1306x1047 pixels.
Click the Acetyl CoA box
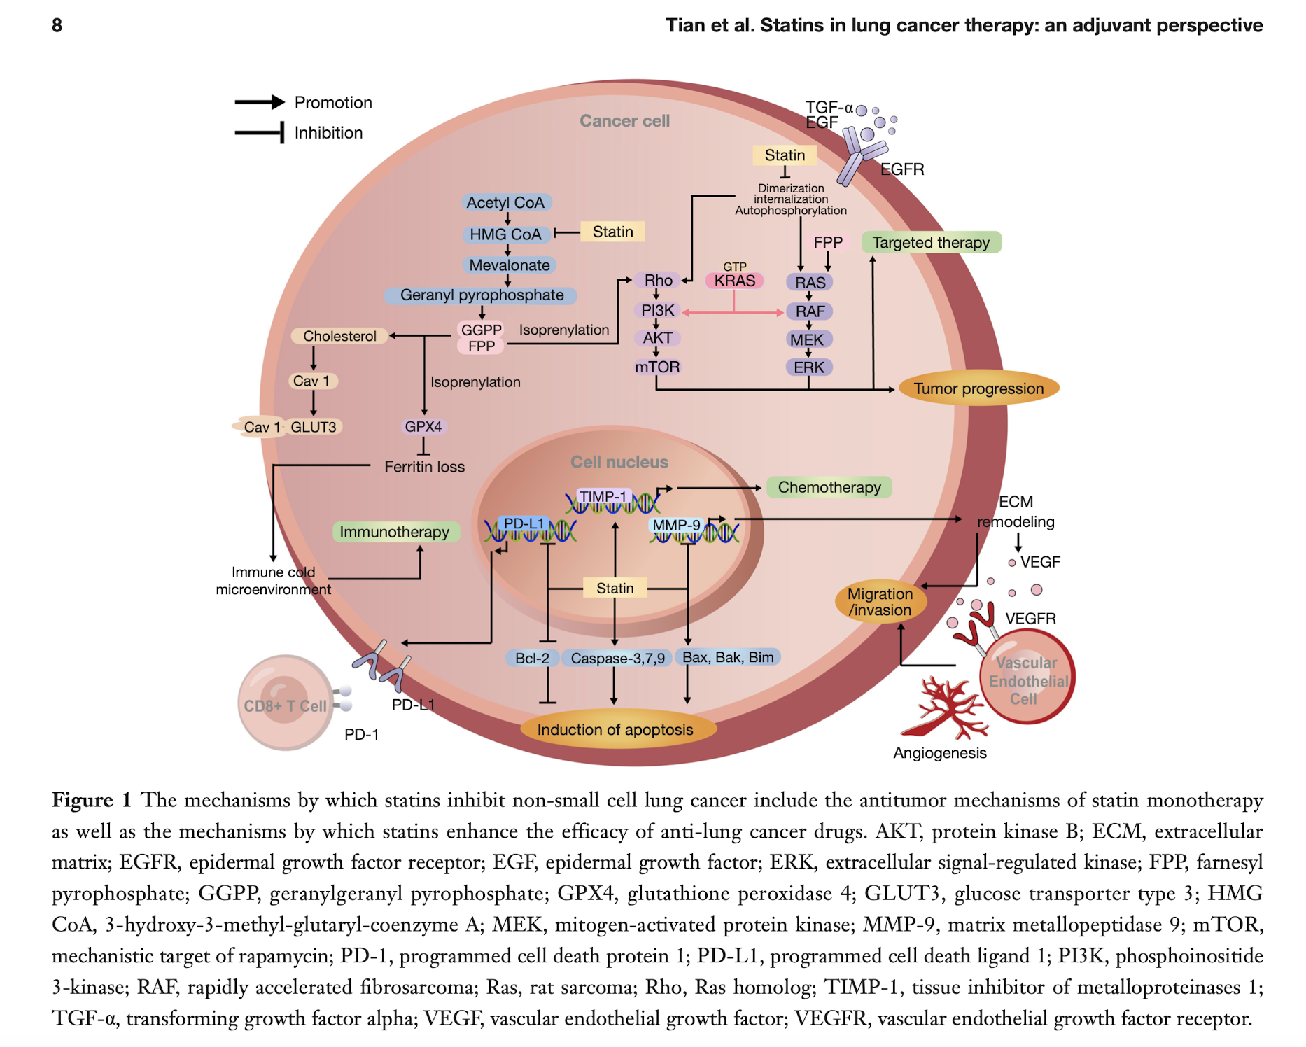point(505,202)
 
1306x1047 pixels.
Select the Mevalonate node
point(509,265)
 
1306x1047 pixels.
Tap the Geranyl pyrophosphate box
point(481,295)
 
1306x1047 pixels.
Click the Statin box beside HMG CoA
point(612,232)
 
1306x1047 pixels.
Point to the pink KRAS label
point(734,281)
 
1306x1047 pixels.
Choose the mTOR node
point(657,367)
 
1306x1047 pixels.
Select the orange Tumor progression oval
point(978,388)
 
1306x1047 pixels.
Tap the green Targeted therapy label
point(931,242)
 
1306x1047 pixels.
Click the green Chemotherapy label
point(829,487)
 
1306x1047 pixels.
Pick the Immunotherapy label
point(395,532)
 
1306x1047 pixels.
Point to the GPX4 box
point(423,426)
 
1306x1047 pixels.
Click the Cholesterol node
point(339,336)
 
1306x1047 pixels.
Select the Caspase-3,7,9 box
point(617,658)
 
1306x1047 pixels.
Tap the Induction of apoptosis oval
point(615,729)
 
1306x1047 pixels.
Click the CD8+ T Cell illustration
point(285,703)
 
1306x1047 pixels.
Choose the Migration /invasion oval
point(880,602)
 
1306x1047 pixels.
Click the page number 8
point(57,26)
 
